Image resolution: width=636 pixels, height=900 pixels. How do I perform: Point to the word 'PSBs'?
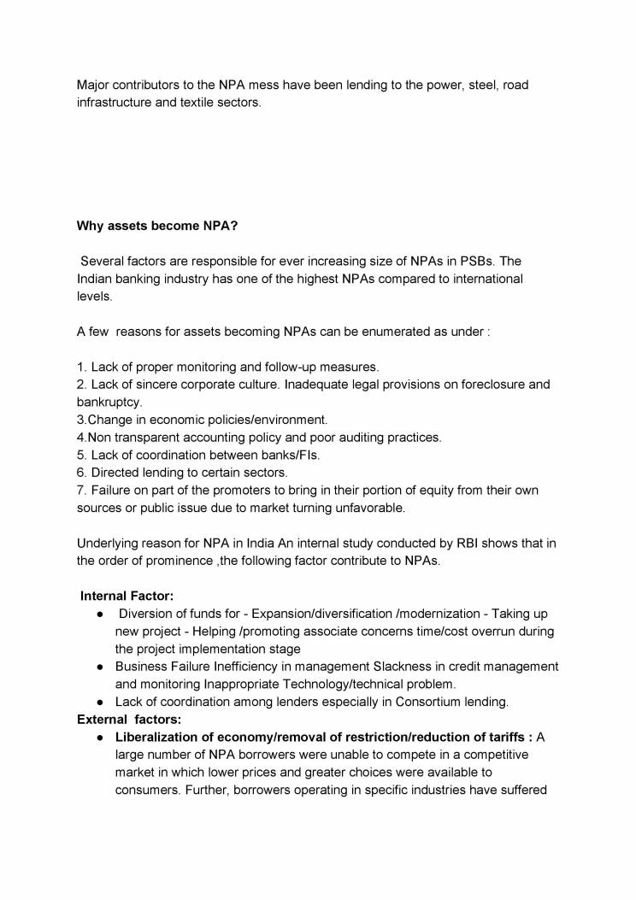click(x=475, y=262)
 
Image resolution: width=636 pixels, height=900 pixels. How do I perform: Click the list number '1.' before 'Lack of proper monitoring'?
click(x=82, y=367)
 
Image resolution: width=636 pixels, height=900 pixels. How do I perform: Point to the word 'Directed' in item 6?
click(x=115, y=472)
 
